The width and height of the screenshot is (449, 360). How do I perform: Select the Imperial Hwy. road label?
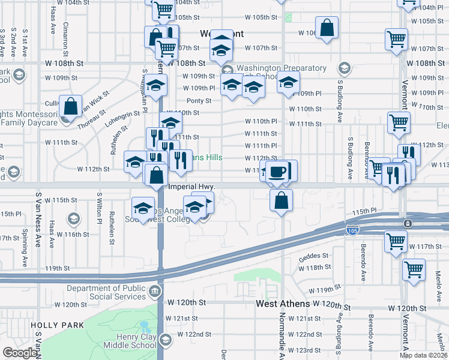[190, 187]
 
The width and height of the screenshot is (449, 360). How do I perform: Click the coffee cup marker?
[277, 172]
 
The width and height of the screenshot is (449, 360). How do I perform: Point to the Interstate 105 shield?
[352, 230]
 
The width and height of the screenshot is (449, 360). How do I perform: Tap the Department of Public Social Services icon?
[155, 292]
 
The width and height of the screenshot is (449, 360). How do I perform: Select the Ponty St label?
[199, 101]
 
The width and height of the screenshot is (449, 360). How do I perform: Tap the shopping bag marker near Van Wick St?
[71, 107]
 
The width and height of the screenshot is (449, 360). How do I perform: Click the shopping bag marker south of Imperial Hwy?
[281, 200]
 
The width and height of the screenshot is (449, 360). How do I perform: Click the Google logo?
[19, 353]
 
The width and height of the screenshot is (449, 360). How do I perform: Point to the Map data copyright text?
[424, 355]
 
